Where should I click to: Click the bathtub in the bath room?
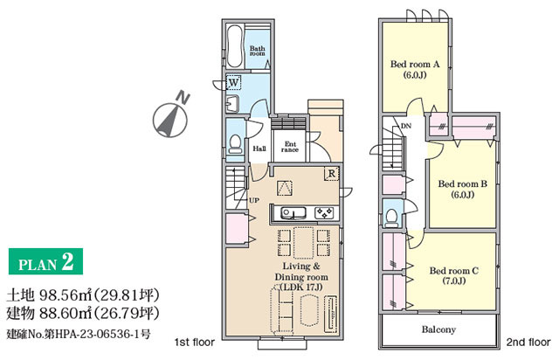[x=235, y=46]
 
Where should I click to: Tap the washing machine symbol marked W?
[x=233, y=82]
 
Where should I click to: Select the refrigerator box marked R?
[x=331, y=174]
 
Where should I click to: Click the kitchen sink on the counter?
[x=293, y=213]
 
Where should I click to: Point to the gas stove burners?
[x=324, y=212]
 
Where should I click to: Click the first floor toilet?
[x=235, y=144]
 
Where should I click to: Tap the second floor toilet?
[x=391, y=218]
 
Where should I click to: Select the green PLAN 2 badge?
[x=45, y=261]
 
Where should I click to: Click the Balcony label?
[x=438, y=329]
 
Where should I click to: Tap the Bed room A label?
[x=415, y=65]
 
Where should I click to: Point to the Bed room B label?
[x=462, y=184]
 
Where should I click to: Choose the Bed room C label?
[x=454, y=271]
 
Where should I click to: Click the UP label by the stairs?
[x=254, y=200]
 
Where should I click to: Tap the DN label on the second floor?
[x=406, y=126]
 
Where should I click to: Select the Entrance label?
[x=290, y=147]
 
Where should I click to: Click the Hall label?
[x=259, y=149]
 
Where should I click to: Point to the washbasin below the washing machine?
[x=232, y=104]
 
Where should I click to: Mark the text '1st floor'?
[x=195, y=343]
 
